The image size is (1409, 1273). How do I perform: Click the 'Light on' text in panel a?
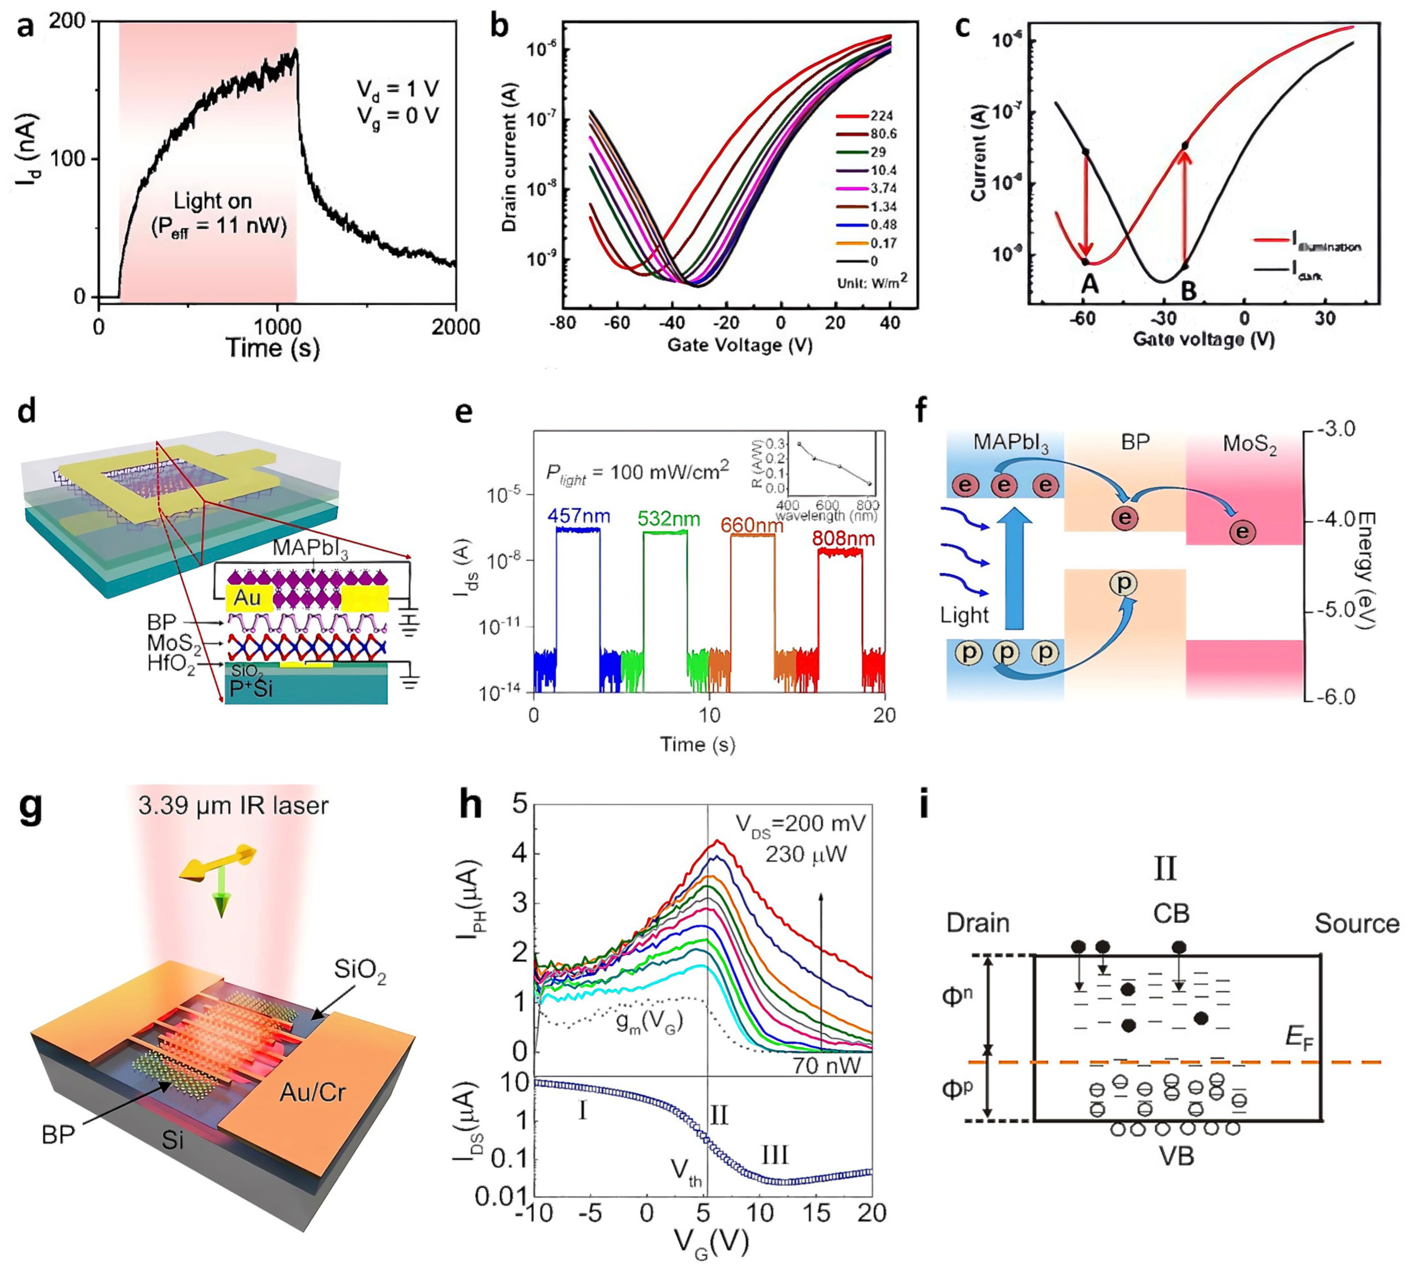[212, 201]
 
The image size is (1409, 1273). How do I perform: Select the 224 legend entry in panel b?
[881, 116]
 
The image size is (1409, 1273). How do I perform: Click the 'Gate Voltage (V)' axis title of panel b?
[739, 345]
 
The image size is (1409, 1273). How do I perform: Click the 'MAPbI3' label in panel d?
[311, 548]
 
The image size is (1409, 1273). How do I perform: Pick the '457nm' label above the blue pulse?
[578, 516]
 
